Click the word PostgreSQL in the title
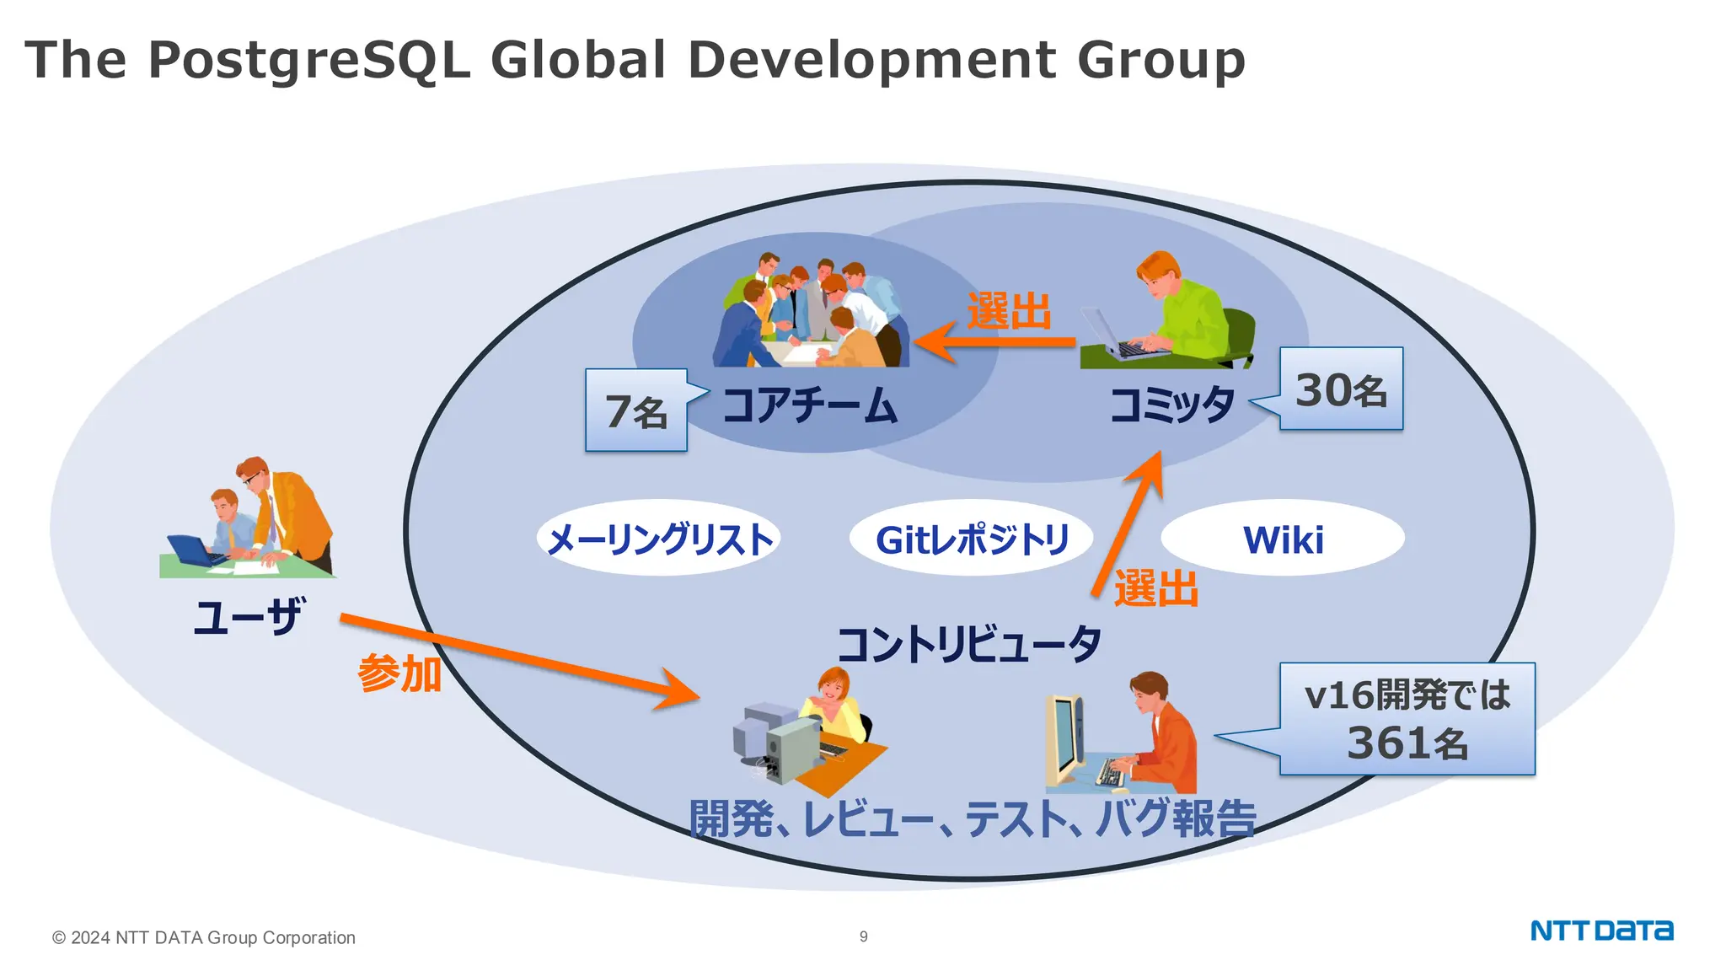click(308, 61)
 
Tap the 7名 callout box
click(636, 410)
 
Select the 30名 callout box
click(1341, 389)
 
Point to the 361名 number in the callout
click(1407, 744)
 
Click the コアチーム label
click(810, 405)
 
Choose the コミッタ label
click(1172, 405)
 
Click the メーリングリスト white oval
click(659, 539)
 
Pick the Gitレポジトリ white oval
click(972, 539)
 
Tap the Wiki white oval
click(1283, 539)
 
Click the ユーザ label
click(247, 617)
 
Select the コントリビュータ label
click(969, 645)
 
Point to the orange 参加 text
click(399, 674)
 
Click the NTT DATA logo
click(1601, 931)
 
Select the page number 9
click(863, 936)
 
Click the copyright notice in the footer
click(204, 937)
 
